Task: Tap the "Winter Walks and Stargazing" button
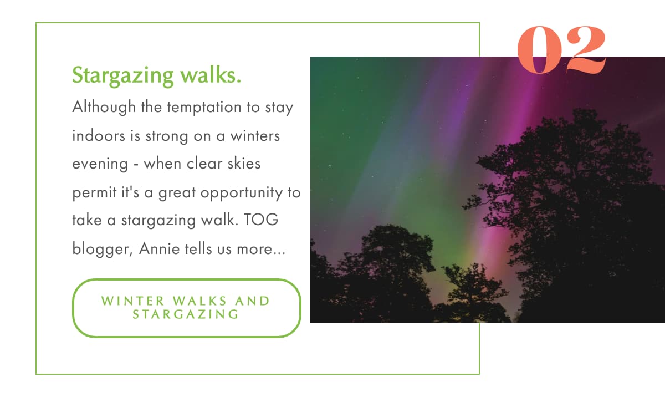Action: point(186,308)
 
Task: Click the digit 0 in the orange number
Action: point(538,50)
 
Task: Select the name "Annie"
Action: point(158,249)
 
